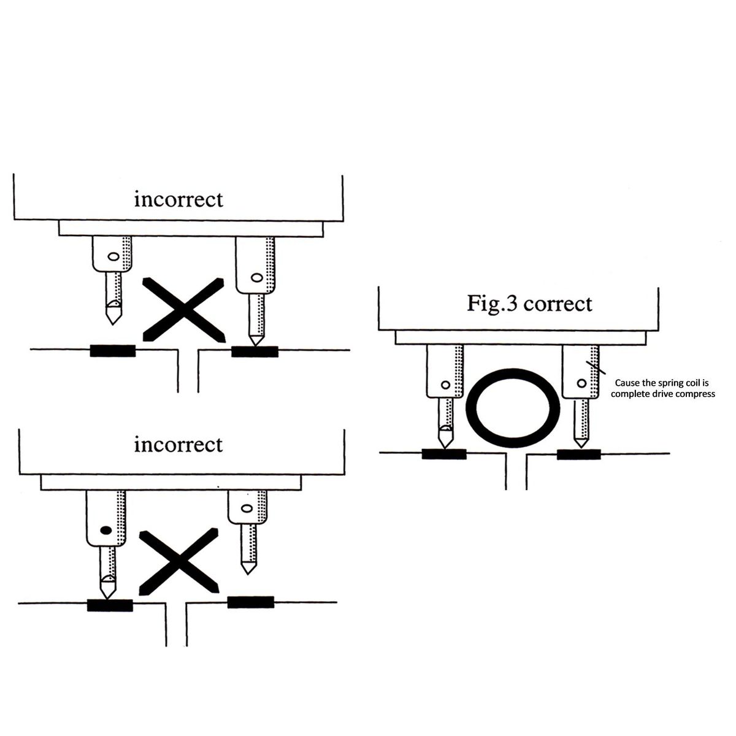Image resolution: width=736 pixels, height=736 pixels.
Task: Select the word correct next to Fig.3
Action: (558, 304)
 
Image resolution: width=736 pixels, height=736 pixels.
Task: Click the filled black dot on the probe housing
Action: (105, 531)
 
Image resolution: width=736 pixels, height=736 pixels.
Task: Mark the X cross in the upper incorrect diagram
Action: (183, 309)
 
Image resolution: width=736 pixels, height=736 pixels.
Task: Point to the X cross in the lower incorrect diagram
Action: (179, 561)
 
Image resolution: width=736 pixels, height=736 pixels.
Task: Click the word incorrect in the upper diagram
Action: (178, 199)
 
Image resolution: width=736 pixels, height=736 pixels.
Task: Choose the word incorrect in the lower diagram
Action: (178, 444)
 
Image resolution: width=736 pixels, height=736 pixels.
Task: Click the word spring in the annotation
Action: (663, 383)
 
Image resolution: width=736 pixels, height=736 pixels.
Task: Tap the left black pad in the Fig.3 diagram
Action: (444, 454)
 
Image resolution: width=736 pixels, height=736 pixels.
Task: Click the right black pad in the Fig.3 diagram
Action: (579, 454)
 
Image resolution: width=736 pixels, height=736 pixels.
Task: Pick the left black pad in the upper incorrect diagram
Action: (113, 351)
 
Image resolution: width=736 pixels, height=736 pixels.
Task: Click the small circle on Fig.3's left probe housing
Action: (446, 385)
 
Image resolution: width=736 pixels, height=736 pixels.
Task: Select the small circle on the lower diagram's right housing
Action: (247, 508)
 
